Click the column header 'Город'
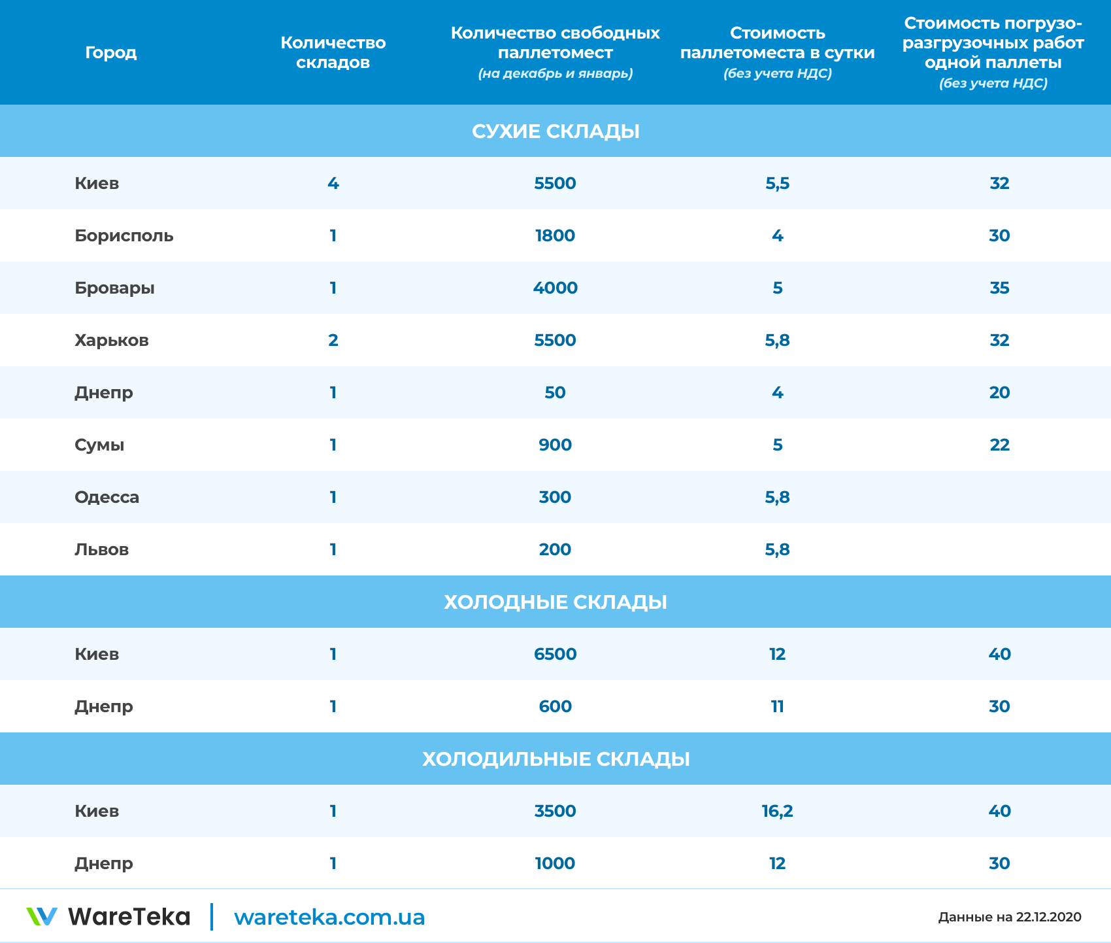pyautogui.click(x=110, y=52)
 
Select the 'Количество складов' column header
pyautogui.click(x=333, y=52)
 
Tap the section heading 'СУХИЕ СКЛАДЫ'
pyautogui.click(x=555, y=131)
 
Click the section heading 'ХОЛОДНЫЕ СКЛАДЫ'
pyautogui.click(x=555, y=602)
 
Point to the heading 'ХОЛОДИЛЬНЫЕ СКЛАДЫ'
pyautogui.click(x=555, y=759)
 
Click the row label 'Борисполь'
pyautogui.click(x=124, y=235)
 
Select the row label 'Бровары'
pyautogui.click(x=114, y=288)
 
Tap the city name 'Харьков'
pyautogui.click(x=111, y=340)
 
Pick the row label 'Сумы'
pyautogui.click(x=99, y=445)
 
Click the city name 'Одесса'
pyautogui.click(x=107, y=497)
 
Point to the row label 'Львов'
pyautogui.click(x=101, y=549)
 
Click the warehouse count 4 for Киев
pyautogui.click(x=333, y=183)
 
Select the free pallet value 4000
pyautogui.click(x=555, y=288)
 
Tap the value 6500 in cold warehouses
pyautogui.click(x=555, y=654)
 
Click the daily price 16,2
pyautogui.click(x=777, y=811)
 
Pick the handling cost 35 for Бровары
pyautogui.click(x=999, y=288)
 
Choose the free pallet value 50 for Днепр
pyautogui.click(x=555, y=392)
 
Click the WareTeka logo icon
pyautogui.click(x=42, y=916)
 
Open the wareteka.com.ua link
pyautogui.click(x=329, y=917)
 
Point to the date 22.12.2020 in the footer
pyautogui.click(x=1048, y=917)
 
